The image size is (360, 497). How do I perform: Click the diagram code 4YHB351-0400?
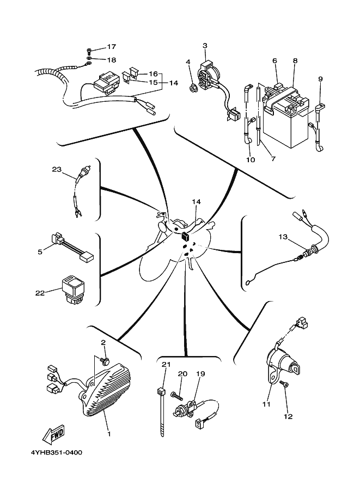point(56,452)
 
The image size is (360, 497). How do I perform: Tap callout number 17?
point(111,47)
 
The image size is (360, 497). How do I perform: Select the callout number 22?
point(40,293)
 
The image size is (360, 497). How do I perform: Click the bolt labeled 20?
point(177,395)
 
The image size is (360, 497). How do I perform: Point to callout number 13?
point(283,237)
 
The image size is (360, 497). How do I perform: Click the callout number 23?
point(57,170)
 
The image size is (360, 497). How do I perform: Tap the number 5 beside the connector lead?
point(40,252)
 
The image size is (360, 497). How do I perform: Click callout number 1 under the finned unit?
point(109,434)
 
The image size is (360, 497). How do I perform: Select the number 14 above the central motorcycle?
point(196,201)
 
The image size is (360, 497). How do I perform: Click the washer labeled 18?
point(89,59)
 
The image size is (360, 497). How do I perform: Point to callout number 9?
point(320,79)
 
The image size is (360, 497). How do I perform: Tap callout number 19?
point(200,373)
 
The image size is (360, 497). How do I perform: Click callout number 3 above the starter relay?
point(205,46)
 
